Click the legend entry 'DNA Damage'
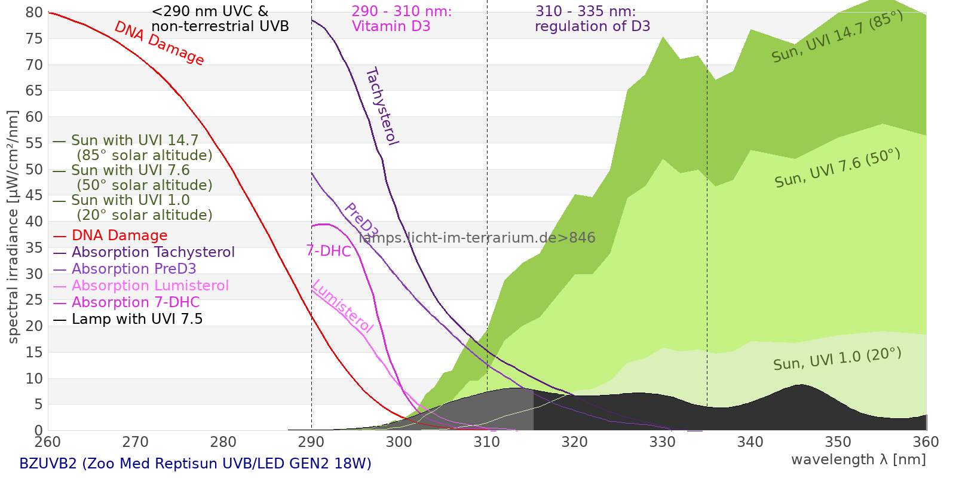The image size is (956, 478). tap(119, 235)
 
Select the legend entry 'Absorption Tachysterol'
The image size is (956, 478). tap(153, 252)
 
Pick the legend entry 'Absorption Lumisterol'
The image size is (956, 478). tap(150, 286)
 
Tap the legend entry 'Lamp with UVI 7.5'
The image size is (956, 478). tap(137, 319)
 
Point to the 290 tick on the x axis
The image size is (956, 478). tap(311, 442)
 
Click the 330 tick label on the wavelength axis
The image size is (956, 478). tap(662, 442)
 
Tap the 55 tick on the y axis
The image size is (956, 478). tap(35, 143)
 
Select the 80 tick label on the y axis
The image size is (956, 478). tap(35, 13)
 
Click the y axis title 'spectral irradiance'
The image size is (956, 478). tap(13, 227)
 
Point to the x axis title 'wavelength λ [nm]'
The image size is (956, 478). tap(858, 459)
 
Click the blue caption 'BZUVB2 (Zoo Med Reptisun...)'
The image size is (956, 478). tap(195, 464)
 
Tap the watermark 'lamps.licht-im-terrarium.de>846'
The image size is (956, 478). tap(477, 238)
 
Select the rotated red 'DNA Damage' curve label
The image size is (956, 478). tap(159, 43)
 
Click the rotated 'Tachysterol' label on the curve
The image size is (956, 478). tap(381, 106)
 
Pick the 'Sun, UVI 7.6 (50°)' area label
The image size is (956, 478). tap(837, 168)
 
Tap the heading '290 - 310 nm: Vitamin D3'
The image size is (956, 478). tap(402, 19)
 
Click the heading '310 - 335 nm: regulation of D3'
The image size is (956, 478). tap(592, 19)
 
